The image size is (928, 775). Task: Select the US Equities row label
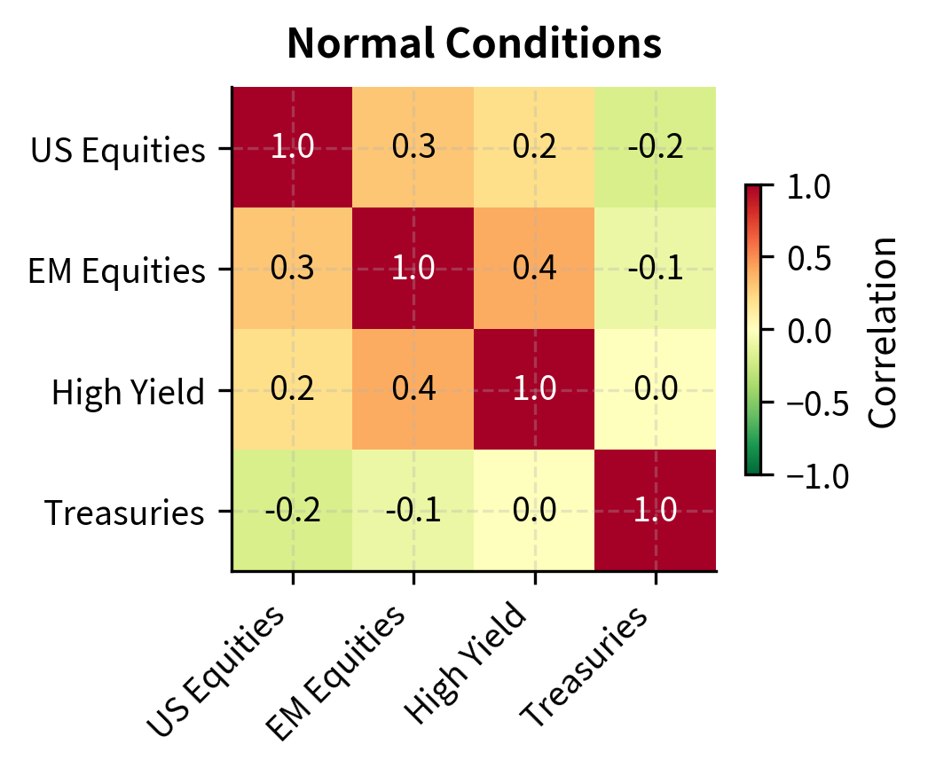tap(118, 149)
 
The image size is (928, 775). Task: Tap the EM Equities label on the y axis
tap(117, 270)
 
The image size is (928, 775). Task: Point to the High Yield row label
tap(129, 391)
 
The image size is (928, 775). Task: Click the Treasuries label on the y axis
tap(125, 513)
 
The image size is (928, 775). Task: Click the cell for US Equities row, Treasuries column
tap(656, 148)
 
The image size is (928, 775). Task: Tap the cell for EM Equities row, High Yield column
tap(534, 269)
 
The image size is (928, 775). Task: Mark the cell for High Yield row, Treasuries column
tap(656, 390)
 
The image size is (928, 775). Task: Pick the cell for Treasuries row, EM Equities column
tap(413, 511)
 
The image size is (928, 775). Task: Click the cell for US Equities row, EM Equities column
tap(413, 148)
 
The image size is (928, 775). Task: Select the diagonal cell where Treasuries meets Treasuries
tap(656, 511)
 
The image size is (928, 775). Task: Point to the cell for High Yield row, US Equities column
tap(292, 390)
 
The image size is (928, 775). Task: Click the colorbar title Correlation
tap(883, 331)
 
